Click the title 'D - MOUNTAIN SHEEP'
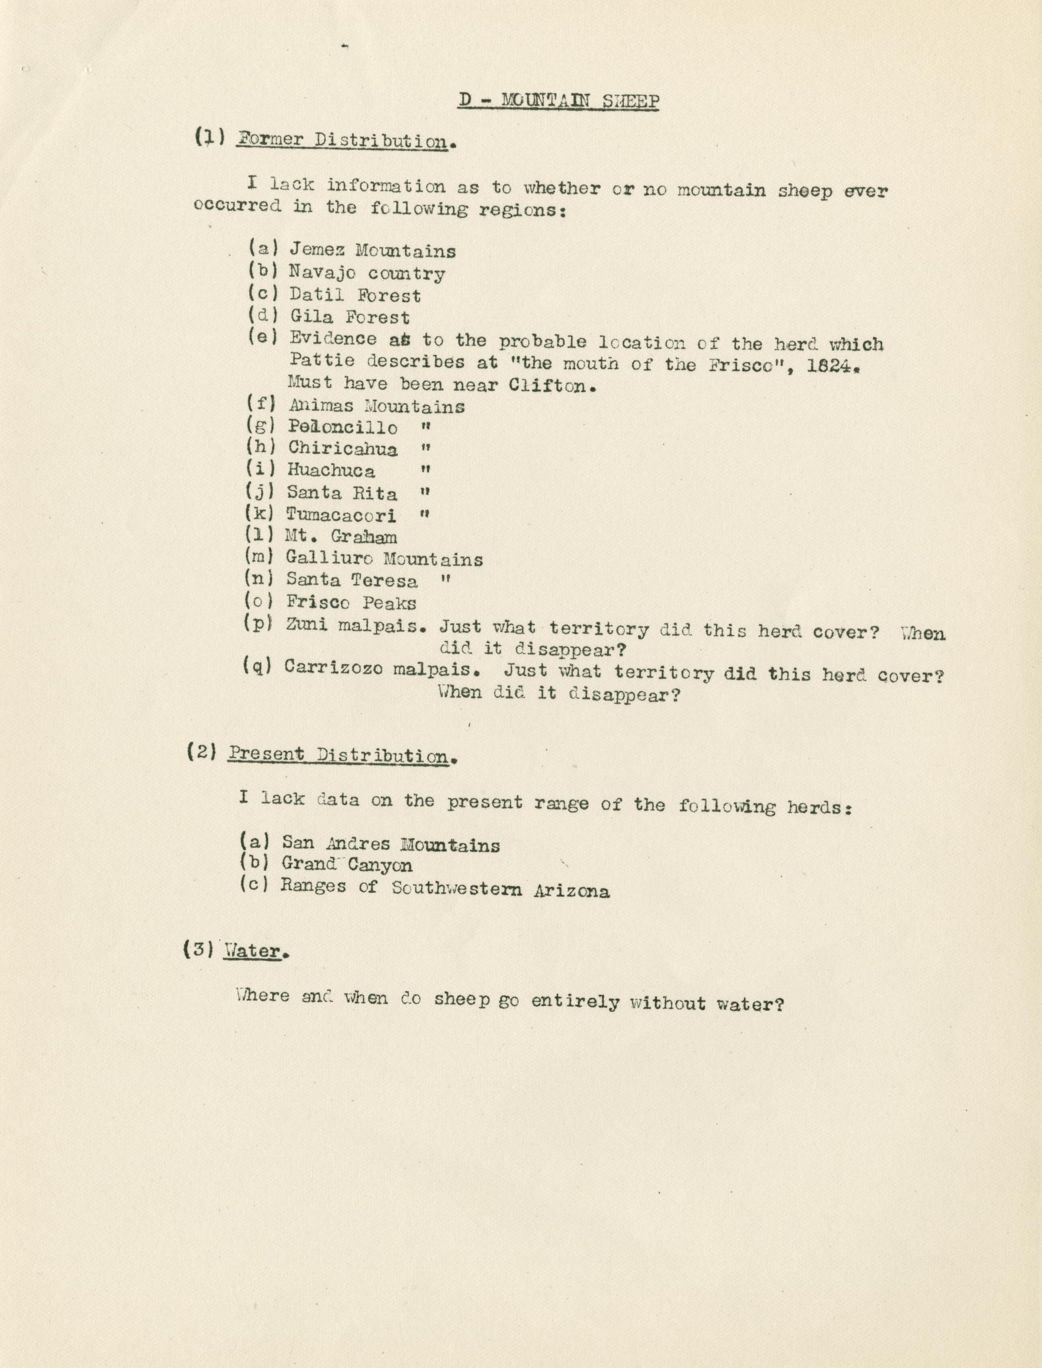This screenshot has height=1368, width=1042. point(558,101)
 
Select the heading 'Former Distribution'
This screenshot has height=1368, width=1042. point(342,140)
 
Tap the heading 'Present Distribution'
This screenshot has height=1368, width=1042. point(338,755)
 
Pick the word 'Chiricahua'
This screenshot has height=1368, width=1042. point(342,448)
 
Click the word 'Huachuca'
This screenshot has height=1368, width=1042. point(331,471)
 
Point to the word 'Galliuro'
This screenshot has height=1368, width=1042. point(329,558)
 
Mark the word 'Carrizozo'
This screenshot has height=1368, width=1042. point(335,668)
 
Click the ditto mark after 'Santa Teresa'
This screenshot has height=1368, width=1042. point(444,581)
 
